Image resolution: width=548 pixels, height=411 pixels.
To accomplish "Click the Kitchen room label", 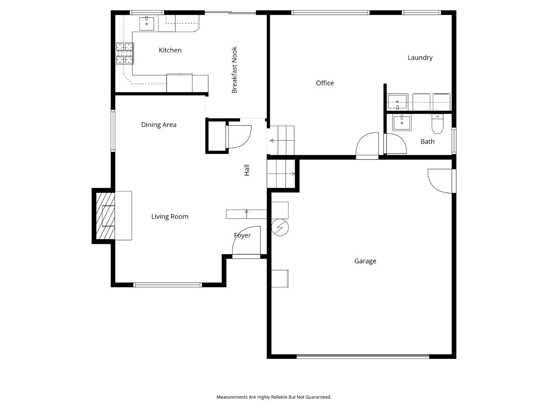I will point(170,50).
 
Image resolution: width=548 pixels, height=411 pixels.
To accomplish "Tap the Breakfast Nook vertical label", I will point(234,70).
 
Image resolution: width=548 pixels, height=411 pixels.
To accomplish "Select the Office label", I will point(325,83).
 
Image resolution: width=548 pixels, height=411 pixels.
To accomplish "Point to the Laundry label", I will point(420,58).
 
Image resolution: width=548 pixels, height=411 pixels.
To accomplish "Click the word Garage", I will point(365,261).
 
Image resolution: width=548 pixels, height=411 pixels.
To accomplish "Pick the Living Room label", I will point(170,217).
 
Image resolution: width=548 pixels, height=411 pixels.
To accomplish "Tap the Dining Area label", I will point(159,125).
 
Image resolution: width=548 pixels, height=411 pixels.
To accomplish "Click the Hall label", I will point(247,170).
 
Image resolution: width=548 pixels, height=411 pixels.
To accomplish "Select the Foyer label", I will point(242,236).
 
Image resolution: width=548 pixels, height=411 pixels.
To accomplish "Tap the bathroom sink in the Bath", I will point(402,123).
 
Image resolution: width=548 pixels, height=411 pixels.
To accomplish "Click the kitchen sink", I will point(147,24).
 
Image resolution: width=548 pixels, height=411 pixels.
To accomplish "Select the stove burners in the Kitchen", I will point(125,53).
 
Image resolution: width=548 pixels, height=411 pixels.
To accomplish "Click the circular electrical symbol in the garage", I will point(280,228).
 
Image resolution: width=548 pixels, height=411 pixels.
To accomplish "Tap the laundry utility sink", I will point(397,102).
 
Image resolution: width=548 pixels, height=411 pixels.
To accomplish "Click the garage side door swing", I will point(441,181).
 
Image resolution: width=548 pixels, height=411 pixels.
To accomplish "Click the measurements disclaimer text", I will point(274,397).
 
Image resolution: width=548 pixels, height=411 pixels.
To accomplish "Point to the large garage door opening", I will point(363,357).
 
